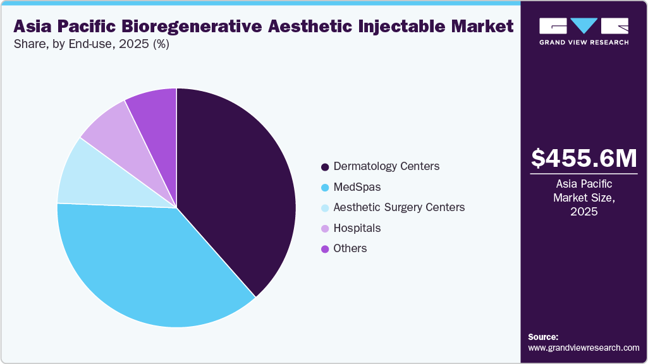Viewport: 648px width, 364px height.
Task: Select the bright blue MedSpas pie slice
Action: (x=145, y=265)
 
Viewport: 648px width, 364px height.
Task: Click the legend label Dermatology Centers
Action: (x=386, y=166)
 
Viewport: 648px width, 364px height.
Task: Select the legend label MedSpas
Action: (x=357, y=187)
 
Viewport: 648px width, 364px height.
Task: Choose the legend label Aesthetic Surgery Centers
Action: (x=399, y=207)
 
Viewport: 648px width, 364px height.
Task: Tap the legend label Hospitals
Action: (x=357, y=227)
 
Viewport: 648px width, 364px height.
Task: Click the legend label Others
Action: (x=350, y=248)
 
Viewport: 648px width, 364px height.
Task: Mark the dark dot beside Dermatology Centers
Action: (x=325, y=167)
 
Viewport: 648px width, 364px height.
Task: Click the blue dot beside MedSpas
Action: (x=325, y=188)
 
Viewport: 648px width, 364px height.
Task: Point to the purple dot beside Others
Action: (x=325, y=249)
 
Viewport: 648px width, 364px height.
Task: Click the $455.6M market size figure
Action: (x=584, y=158)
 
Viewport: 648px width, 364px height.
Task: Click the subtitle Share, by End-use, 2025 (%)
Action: (x=92, y=44)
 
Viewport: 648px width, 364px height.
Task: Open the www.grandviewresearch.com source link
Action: (x=584, y=348)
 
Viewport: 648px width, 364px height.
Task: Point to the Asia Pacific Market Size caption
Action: (x=584, y=198)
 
